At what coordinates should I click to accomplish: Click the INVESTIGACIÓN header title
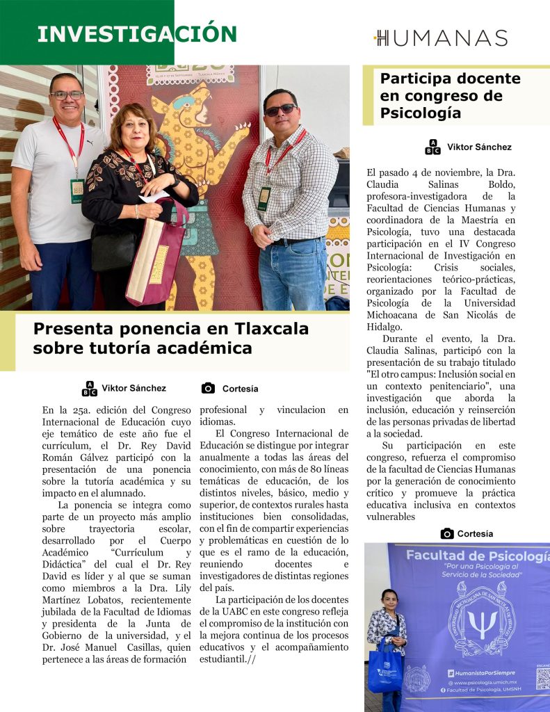tap(137, 33)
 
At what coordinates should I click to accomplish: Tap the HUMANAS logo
tap(441, 38)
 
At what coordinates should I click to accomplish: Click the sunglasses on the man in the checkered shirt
tap(280, 110)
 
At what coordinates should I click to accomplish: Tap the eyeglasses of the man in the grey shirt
tap(67, 95)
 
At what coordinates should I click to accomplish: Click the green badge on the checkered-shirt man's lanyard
tap(264, 199)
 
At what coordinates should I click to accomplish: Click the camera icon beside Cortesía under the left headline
tap(207, 388)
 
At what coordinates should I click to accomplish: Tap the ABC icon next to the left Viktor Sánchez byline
tap(90, 388)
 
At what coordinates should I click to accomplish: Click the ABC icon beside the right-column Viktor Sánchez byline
tap(432, 147)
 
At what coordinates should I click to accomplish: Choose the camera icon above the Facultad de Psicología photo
tap(447, 533)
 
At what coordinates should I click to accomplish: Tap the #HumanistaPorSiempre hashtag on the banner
tap(481, 672)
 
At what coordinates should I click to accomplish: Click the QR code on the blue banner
tap(542, 678)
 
